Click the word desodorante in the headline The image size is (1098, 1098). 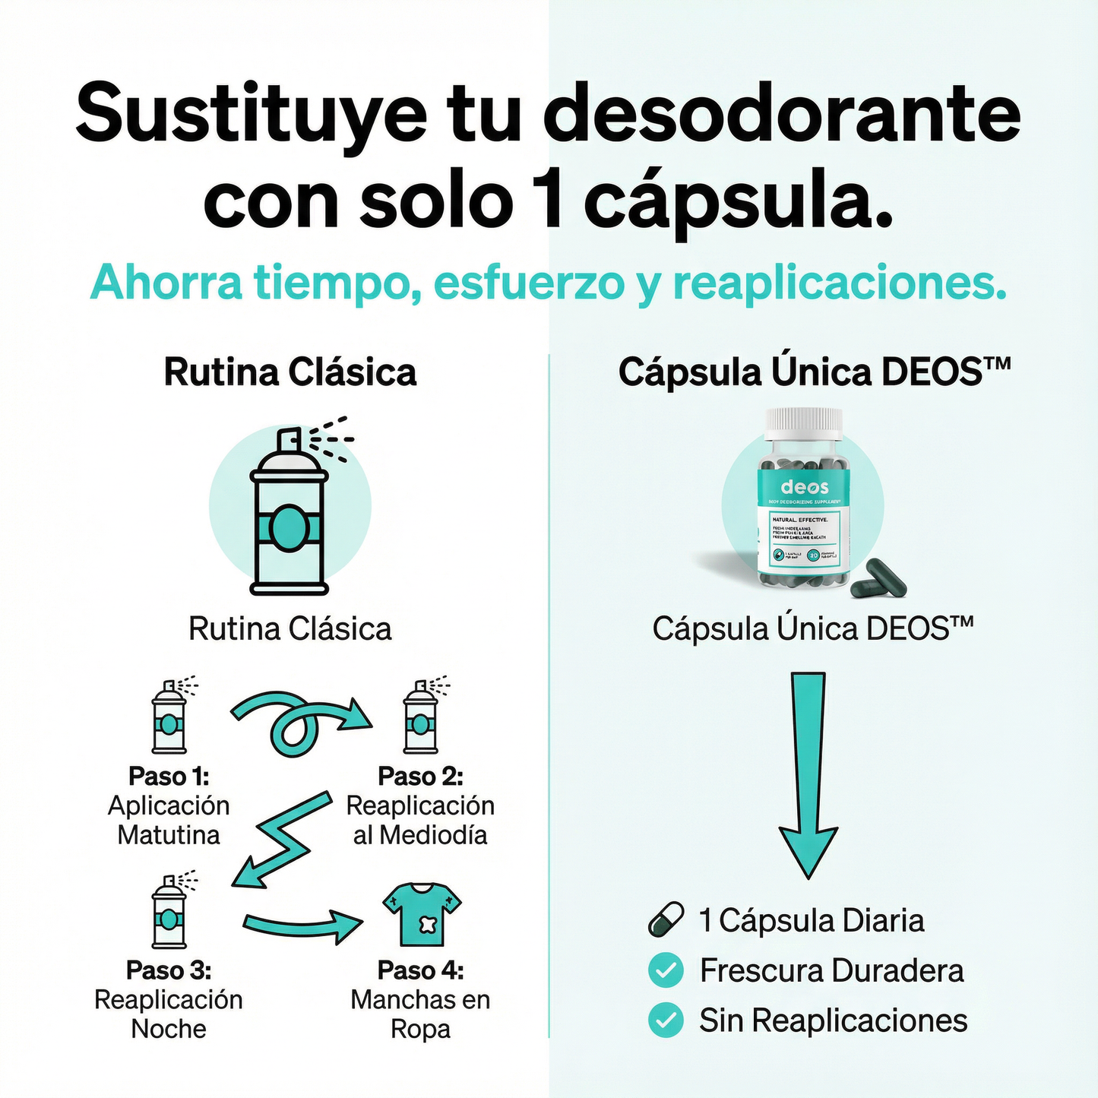click(783, 115)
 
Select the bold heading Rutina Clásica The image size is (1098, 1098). click(290, 372)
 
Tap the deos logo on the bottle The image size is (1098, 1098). click(804, 487)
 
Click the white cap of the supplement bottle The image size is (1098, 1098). click(804, 423)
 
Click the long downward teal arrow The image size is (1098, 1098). click(808, 775)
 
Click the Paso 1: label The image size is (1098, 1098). click(169, 777)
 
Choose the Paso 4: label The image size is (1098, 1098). click(420, 970)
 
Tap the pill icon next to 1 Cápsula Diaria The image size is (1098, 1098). click(666, 919)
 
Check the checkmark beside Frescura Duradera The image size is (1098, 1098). click(666, 970)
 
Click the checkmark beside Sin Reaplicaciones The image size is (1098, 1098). click(666, 1020)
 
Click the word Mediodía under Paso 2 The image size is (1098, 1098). click(433, 835)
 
